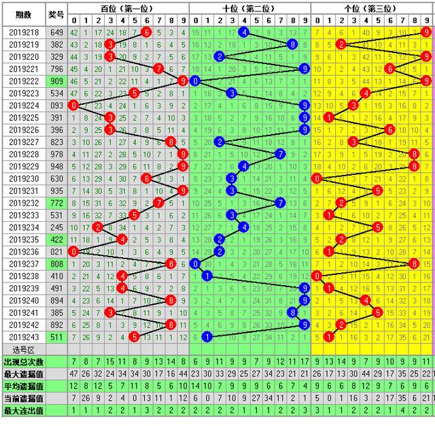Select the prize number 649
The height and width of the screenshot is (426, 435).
[57, 33]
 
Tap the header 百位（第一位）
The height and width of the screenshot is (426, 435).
[127, 9]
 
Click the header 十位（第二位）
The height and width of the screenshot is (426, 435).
[249, 9]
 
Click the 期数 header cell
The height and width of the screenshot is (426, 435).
[23, 14]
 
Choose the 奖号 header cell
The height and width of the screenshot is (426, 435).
[57, 14]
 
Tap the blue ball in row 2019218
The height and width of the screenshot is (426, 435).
[243, 33]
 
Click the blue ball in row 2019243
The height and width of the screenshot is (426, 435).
[207, 337]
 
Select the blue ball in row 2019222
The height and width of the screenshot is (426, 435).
[196, 81]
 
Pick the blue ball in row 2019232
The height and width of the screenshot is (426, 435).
[280, 203]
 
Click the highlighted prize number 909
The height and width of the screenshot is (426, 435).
[57, 81]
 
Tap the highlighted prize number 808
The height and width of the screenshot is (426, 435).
[57, 263]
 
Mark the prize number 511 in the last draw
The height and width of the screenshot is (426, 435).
[57, 337]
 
